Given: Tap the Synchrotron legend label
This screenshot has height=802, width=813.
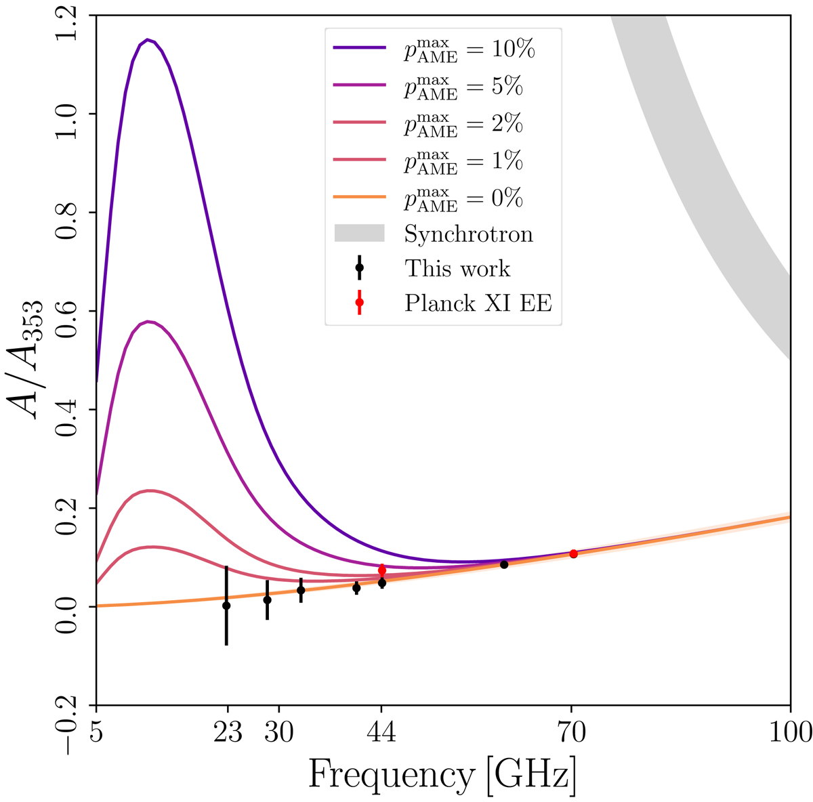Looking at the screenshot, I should coord(468,234).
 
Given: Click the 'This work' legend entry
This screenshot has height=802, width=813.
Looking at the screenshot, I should coord(457,268).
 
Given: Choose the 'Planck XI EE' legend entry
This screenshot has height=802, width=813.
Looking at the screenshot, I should coord(478,303).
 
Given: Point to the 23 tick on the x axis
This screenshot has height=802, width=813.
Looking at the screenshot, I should coord(227,732).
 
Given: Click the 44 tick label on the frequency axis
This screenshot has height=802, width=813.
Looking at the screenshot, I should coord(381,732).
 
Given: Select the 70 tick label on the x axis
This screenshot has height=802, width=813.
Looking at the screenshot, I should coord(571,732).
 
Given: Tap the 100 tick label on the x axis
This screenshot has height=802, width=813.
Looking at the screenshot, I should coord(791,732).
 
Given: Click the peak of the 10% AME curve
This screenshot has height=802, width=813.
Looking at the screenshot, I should coord(147,39).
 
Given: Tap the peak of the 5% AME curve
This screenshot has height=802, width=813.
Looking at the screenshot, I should coord(148,321).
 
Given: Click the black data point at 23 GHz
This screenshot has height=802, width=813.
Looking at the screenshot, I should coord(226,606).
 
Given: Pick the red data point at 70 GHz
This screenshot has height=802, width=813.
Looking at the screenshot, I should coord(573,553).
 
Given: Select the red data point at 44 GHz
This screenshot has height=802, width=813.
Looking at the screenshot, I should coord(382,570).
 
